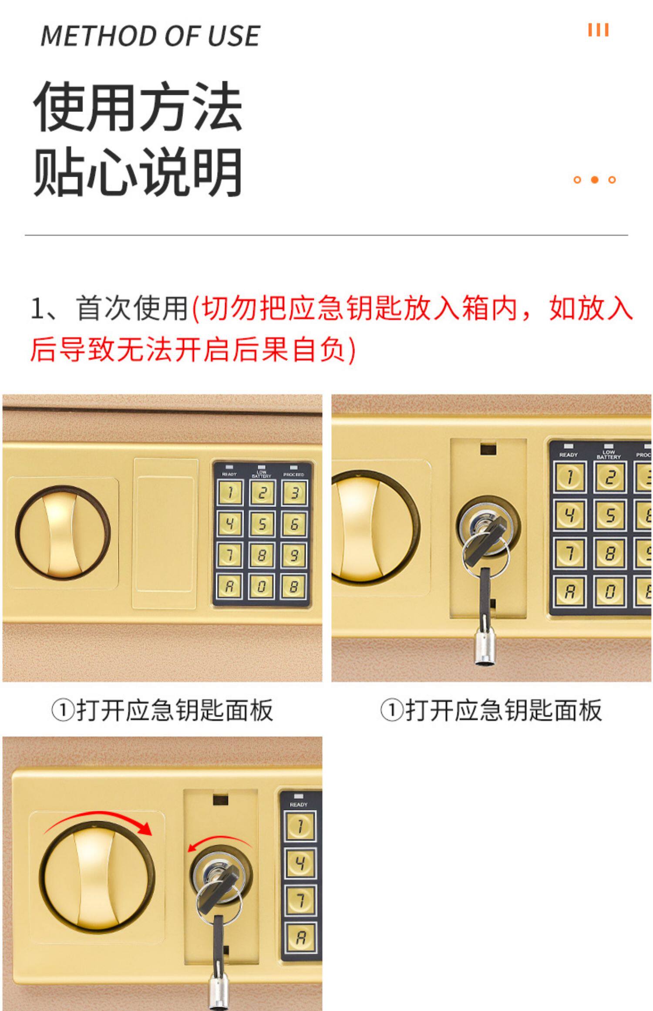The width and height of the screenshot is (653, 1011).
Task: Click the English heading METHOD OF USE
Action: point(150,36)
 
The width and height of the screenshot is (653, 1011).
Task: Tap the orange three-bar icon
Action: point(598,30)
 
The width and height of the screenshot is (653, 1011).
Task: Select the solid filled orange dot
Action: point(595,180)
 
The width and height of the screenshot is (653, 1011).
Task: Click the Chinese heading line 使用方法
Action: point(138,107)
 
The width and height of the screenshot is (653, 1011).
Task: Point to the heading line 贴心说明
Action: point(138,172)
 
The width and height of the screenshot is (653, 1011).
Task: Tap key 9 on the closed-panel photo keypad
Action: point(294,556)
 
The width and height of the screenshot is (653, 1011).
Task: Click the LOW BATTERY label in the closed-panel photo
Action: point(261,474)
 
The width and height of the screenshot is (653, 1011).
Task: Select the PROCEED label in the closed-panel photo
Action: point(294,474)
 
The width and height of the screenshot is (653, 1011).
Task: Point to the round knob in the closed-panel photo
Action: point(63,532)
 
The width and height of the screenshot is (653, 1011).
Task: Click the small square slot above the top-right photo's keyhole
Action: point(488,449)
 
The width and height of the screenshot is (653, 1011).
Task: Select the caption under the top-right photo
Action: point(491,710)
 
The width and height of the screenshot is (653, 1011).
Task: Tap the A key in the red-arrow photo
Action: point(300,938)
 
